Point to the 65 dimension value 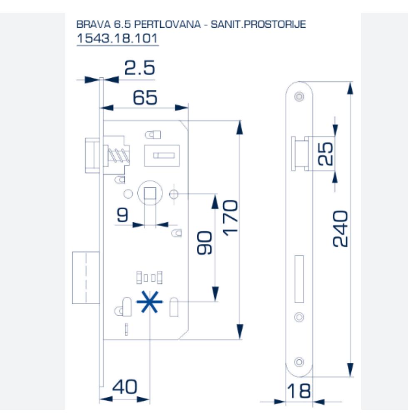click(x=145, y=98)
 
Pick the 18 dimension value click(x=299, y=391)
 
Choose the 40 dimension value click(x=124, y=387)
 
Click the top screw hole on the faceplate click(x=299, y=96)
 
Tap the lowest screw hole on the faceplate click(x=299, y=362)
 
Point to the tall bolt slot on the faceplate click(x=299, y=279)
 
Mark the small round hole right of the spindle click(x=174, y=194)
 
